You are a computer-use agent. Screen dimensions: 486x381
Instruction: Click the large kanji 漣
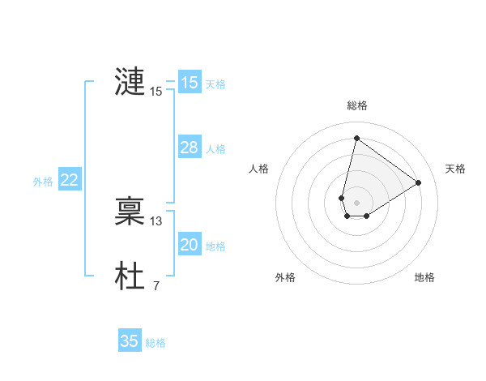pyautogui.click(x=130, y=82)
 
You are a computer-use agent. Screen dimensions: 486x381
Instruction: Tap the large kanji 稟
pyautogui.click(x=130, y=211)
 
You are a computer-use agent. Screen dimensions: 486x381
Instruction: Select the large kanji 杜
pyautogui.click(x=130, y=276)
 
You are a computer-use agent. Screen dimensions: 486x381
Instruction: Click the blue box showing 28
pyautogui.click(x=190, y=148)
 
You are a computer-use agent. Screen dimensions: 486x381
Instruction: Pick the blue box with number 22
pyautogui.click(x=69, y=181)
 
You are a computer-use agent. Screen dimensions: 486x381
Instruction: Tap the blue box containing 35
pyautogui.click(x=130, y=341)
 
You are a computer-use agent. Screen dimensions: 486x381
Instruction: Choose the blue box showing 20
pyautogui.click(x=190, y=245)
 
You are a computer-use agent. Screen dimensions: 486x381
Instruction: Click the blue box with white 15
pyautogui.click(x=190, y=83)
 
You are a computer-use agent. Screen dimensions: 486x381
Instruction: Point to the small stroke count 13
pyautogui.click(x=156, y=220)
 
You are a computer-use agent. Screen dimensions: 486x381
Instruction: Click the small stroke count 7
pyautogui.click(x=156, y=285)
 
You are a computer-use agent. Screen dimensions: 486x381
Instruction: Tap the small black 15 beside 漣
pyautogui.click(x=156, y=92)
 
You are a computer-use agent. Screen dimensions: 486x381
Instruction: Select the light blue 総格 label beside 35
pyautogui.click(x=156, y=343)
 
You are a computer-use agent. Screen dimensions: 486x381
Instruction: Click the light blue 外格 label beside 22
pyautogui.click(x=43, y=182)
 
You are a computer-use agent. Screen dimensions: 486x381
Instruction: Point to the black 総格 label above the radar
pyautogui.click(x=357, y=105)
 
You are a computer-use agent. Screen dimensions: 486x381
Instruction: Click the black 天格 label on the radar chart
pyautogui.click(x=456, y=169)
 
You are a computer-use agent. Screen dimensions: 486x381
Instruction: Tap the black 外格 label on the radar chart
pyautogui.click(x=285, y=277)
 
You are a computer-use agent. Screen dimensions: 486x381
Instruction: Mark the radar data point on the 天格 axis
pyautogui.click(x=419, y=182)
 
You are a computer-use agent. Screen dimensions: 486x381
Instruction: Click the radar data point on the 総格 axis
pyautogui.click(x=356, y=137)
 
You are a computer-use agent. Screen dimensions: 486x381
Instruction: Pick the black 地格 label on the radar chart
pyautogui.click(x=424, y=277)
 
